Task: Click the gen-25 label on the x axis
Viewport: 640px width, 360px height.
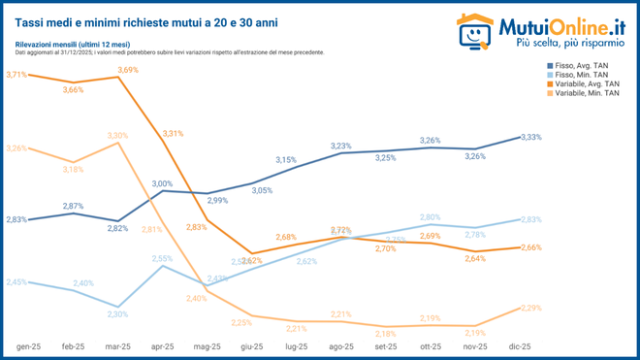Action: click(28, 346)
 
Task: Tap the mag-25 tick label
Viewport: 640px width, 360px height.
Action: click(205, 346)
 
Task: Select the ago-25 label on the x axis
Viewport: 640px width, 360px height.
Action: click(340, 346)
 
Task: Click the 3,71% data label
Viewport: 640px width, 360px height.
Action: click(16, 75)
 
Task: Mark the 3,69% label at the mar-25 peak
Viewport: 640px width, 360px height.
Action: click(128, 70)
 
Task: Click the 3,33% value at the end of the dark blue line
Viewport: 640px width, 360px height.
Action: click(531, 137)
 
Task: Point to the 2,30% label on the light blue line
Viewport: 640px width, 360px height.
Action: click(117, 314)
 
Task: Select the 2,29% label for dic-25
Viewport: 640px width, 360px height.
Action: click(531, 308)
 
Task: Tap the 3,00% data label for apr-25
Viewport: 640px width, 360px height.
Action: click(162, 183)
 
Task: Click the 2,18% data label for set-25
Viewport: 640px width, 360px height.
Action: click(385, 334)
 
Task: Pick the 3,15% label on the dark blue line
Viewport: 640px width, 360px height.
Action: click(286, 159)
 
